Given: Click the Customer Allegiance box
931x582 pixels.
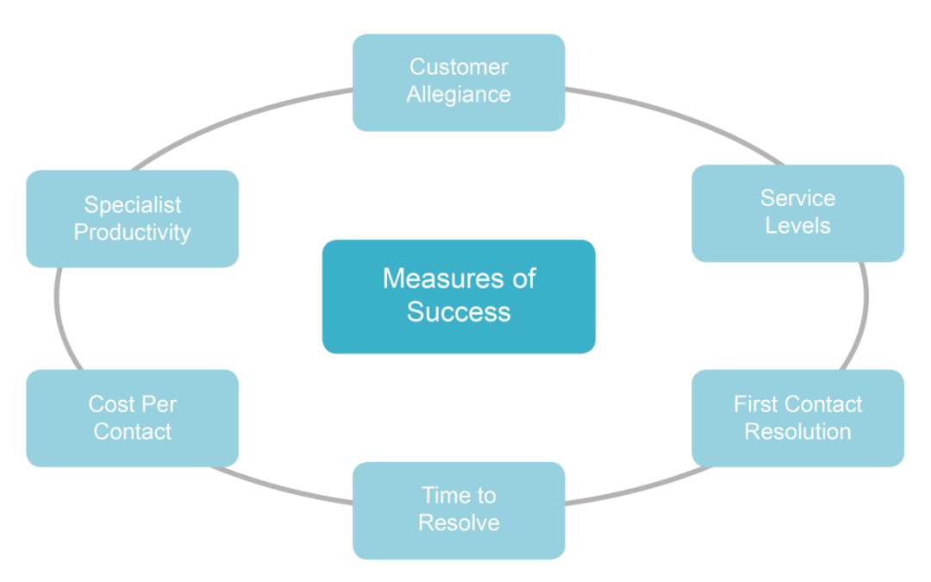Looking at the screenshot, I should [x=459, y=82].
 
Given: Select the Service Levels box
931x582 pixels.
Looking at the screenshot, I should [x=797, y=212].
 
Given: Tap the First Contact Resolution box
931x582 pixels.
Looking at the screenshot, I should [x=797, y=418].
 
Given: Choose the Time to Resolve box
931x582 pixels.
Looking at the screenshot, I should [x=459, y=510].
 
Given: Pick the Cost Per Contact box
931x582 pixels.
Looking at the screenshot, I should [x=132, y=418].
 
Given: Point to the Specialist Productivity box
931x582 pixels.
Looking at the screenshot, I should [x=132, y=218].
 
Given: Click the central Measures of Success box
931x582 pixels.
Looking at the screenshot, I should [x=459, y=296].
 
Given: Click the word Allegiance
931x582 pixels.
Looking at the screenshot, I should [x=459, y=95].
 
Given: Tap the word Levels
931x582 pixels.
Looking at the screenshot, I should [x=797, y=226].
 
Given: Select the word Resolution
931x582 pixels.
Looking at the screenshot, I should [x=797, y=432].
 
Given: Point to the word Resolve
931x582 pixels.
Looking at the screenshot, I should [x=459, y=523].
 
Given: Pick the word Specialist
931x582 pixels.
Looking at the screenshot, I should [x=132, y=205].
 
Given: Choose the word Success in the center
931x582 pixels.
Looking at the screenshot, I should [x=459, y=311].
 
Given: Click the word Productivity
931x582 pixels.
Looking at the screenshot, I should [x=132, y=232].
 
